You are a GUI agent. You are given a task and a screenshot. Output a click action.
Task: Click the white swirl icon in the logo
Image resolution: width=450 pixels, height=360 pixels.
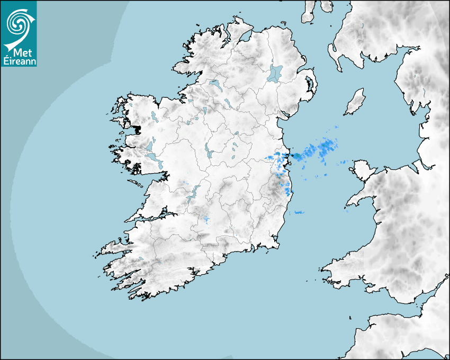(18, 23)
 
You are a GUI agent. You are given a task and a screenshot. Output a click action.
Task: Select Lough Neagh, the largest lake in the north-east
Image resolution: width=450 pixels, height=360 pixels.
(275, 73)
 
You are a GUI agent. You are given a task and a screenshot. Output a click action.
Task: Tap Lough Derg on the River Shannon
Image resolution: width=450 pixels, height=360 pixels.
(193, 193)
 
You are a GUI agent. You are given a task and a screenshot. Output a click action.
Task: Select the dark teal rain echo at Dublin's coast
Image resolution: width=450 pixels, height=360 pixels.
(297, 156)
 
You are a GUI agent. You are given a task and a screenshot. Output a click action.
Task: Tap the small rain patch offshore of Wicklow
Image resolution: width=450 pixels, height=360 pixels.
(299, 212)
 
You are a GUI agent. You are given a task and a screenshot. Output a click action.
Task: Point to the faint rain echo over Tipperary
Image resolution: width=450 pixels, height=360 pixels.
(206, 219)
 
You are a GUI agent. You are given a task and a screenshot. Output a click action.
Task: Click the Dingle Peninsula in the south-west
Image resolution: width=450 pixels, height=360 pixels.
(114, 247)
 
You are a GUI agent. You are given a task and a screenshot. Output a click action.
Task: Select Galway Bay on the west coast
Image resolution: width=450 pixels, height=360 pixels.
(143, 183)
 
